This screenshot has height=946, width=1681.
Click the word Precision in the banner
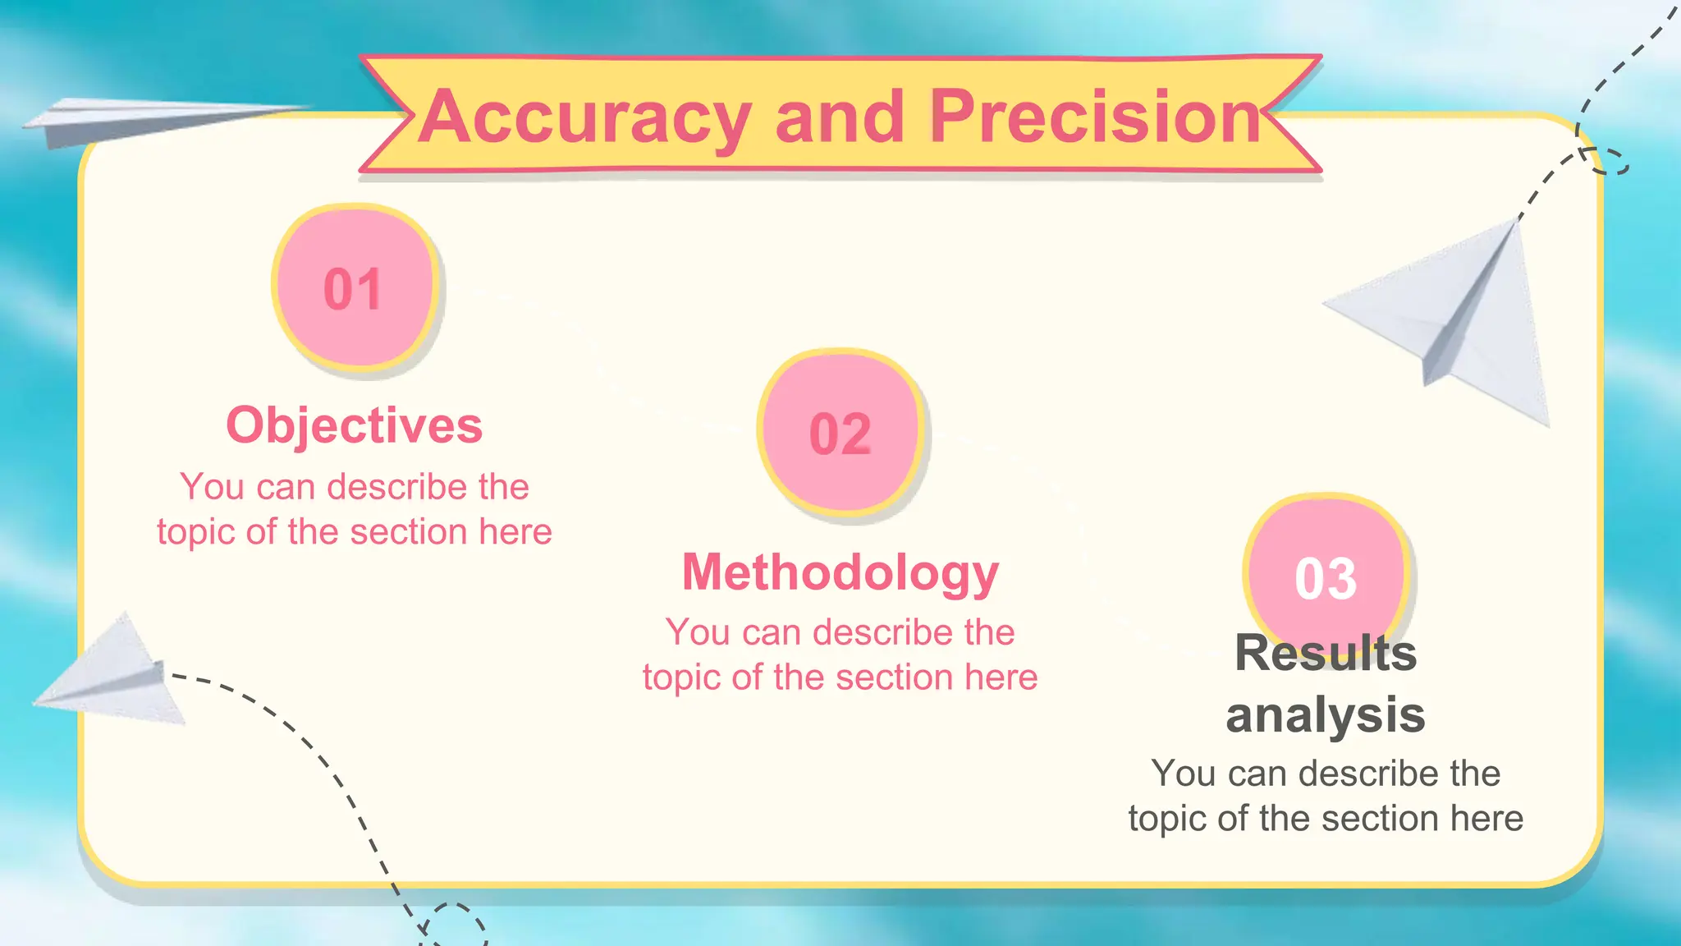[1095, 117]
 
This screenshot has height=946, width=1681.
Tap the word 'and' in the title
[839, 117]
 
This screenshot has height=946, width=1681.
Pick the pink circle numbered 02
[840, 432]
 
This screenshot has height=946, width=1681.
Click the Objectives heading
[354, 425]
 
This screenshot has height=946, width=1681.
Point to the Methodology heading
[840, 572]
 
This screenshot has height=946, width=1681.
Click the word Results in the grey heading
[1325, 654]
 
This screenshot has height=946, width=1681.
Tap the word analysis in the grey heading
[1325, 714]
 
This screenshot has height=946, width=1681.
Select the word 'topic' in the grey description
[1166, 819]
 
